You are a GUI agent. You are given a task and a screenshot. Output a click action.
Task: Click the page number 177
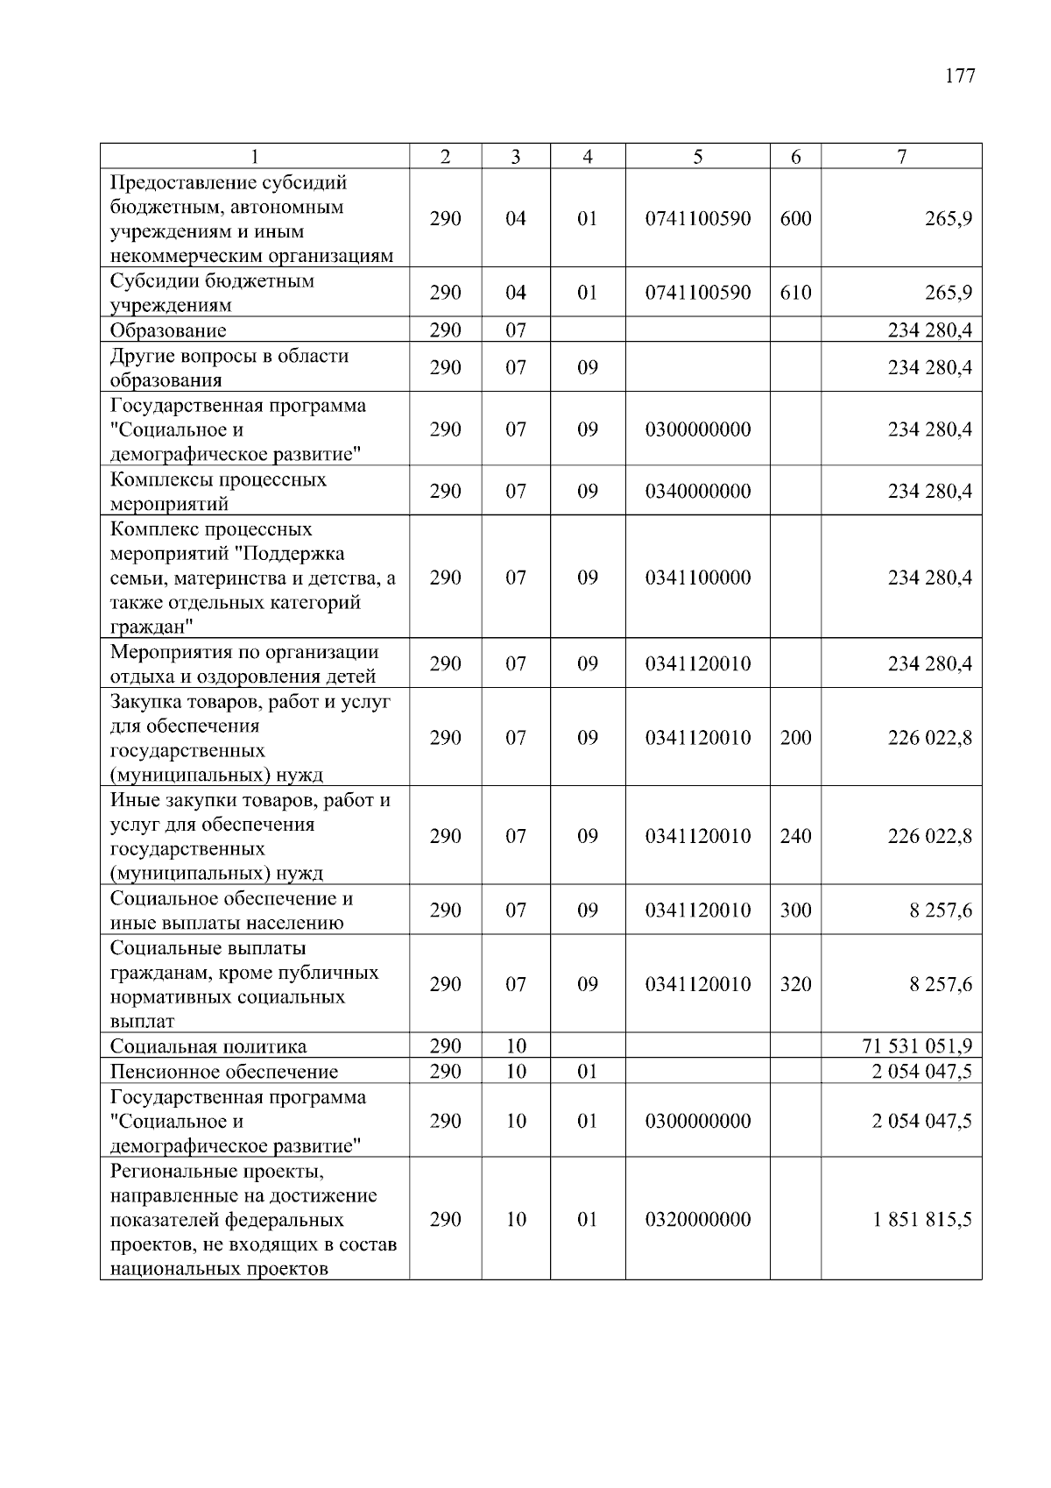960,76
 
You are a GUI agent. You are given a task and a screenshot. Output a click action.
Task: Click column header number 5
697,157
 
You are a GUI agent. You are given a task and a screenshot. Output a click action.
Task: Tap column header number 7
901,157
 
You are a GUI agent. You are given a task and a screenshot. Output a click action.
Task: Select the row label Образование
168,330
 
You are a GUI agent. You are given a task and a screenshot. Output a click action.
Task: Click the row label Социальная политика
208,1046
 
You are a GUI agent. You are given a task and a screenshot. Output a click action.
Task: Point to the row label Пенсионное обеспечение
224,1072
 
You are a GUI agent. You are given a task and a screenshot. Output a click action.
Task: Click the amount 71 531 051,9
917,1046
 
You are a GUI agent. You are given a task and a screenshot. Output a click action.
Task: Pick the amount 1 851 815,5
922,1220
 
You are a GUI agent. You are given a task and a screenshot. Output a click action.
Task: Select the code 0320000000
698,1220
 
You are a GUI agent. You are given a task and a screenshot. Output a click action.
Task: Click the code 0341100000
698,577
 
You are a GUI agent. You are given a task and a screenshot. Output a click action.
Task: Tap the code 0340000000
698,491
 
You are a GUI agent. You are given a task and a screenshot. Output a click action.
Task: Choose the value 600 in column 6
795,218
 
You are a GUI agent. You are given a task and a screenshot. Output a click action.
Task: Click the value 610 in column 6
795,293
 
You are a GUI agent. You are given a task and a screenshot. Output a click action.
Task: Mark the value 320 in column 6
795,984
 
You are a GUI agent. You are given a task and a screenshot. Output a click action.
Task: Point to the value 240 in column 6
795,836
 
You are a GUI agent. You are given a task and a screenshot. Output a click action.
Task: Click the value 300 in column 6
795,911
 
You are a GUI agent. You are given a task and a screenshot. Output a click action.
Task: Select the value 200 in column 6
795,738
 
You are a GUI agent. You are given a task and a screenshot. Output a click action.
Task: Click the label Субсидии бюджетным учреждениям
212,293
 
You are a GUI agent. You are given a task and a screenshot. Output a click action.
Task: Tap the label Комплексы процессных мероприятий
218,491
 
